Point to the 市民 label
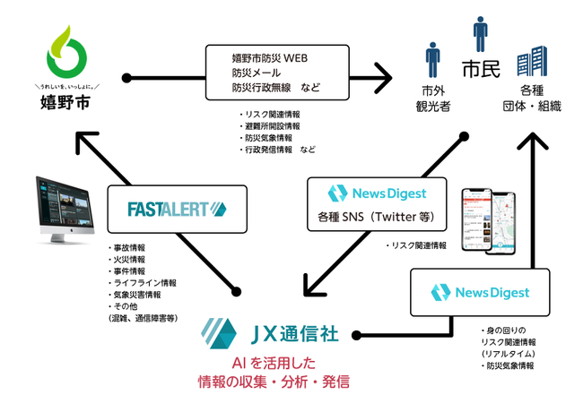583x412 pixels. (480, 68)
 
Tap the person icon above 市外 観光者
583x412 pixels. (432, 60)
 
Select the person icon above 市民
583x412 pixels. (480, 33)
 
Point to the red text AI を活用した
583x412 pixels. (274, 365)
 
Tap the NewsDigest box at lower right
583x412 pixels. (479, 293)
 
